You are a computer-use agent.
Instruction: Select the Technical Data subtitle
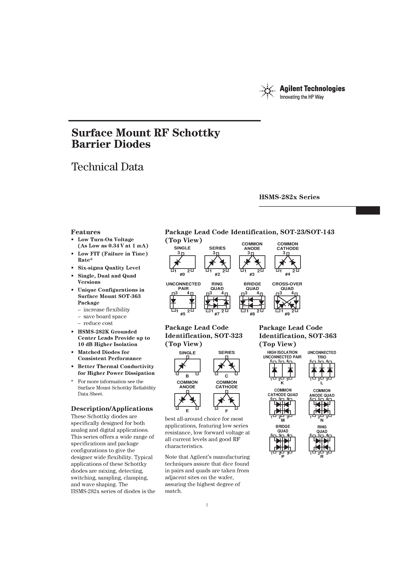tap(107, 167)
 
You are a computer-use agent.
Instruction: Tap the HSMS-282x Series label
tap(289, 197)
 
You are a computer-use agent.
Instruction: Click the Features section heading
tap(86, 232)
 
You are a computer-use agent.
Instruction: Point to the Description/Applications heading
tap(112, 409)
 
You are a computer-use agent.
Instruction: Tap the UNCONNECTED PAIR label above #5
tap(183, 286)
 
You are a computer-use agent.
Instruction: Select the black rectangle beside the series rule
tap(368, 210)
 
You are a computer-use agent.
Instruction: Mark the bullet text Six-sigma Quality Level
tap(109, 268)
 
